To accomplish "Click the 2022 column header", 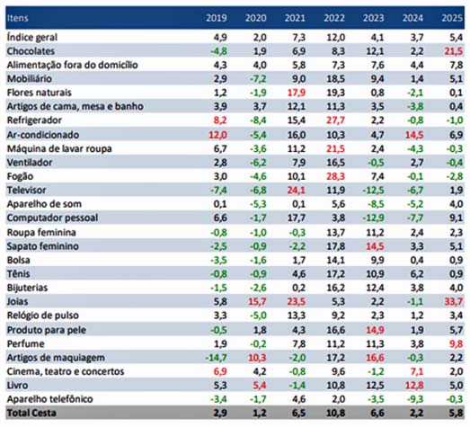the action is (334, 18).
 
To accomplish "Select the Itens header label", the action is (18, 18).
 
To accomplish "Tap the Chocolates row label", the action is (31, 51).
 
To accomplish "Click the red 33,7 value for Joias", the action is (454, 301).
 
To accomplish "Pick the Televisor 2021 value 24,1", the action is (297, 190).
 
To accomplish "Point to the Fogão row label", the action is (20, 176).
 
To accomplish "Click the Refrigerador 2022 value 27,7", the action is (335, 120).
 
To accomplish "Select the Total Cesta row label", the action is (31, 413).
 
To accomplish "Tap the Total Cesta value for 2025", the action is (457, 413).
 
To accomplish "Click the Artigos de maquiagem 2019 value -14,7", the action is (216, 358).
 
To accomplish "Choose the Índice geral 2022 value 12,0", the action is (336, 38).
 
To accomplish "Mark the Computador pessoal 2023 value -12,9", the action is (374, 218).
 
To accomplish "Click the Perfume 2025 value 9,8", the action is (457, 344).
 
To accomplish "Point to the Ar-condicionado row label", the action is (43, 135).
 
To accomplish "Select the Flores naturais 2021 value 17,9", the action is (297, 93).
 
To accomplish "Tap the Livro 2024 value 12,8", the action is (414, 386).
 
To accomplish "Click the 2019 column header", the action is (217, 18).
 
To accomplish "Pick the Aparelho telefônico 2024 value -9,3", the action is (415, 399).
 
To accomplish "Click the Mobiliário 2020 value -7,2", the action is (258, 79).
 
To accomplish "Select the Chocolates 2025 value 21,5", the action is (454, 51).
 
